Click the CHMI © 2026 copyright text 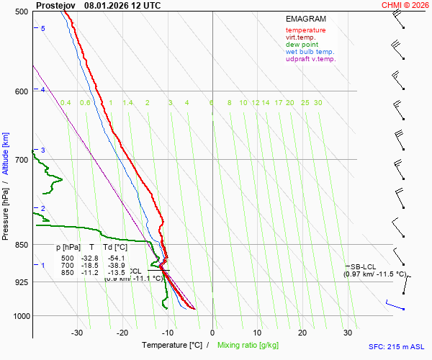[x=405, y=5]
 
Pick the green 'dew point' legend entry [x=302, y=45]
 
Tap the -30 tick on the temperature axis [x=77, y=333]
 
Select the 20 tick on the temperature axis [x=302, y=333]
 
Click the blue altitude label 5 [x=43, y=28]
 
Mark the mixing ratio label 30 [x=318, y=103]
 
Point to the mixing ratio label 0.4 [x=66, y=103]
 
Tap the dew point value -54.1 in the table [x=116, y=258]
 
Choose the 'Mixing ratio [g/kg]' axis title [x=249, y=346]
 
